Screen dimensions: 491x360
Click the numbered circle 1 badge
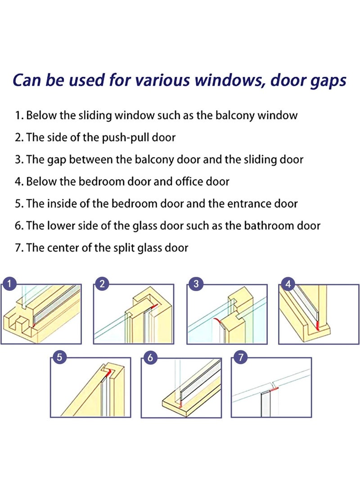click(9, 284)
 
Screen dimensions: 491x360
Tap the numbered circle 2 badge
click(103, 284)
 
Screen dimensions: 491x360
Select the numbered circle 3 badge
click(196, 284)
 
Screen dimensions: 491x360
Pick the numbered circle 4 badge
click(288, 284)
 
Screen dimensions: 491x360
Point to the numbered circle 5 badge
click(59, 357)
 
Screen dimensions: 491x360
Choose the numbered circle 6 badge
click(150, 357)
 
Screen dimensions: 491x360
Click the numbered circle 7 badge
click(241, 357)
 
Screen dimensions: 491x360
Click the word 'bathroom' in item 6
click(266, 225)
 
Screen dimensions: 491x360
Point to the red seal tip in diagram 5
click(107, 371)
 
